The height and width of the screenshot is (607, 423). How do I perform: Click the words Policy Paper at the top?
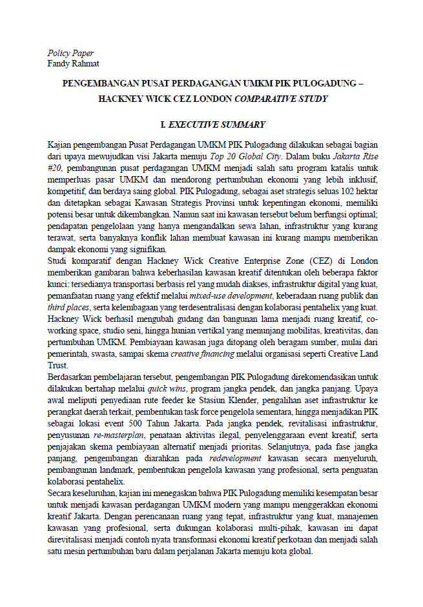70,53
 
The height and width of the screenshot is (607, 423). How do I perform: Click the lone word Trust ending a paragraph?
58,365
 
